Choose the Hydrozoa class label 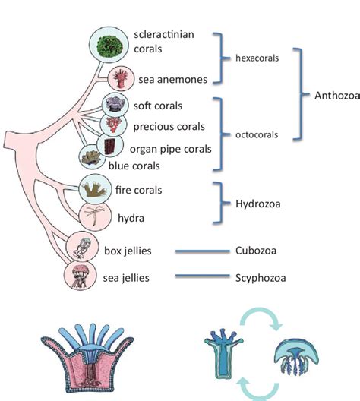point(258,203)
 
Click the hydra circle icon point(95,216)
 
